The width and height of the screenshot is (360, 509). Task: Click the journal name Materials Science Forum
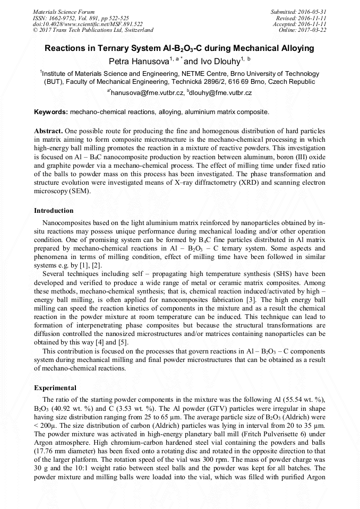pyautogui.click(x=64, y=11)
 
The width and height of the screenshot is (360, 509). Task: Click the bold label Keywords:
pyautogui.click(x=51, y=112)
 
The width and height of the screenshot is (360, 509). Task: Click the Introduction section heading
pyautogui.click(x=54, y=211)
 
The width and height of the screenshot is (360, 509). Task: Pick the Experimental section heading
pyautogui.click(x=55, y=387)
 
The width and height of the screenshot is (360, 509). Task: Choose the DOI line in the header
pyautogui.click(x=88, y=24)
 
